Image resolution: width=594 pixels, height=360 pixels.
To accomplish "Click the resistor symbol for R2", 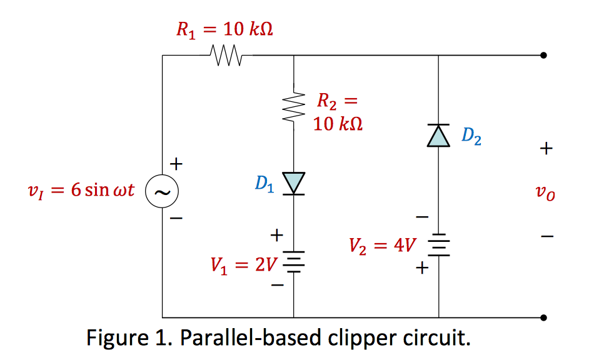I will click(x=294, y=107).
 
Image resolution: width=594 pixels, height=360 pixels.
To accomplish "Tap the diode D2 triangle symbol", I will click(x=438, y=136).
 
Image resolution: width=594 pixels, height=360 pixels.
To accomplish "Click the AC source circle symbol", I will click(x=161, y=191).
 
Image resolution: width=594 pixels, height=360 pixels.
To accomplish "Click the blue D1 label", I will click(x=264, y=184).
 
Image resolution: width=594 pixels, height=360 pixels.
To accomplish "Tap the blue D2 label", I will click(x=471, y=137).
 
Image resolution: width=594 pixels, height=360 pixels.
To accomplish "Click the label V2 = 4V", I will click(x=383, y=245).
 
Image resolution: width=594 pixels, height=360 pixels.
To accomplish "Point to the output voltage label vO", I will click(x=546, y=194).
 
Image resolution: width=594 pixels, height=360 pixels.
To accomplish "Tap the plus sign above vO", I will click(x=546, y=149).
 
